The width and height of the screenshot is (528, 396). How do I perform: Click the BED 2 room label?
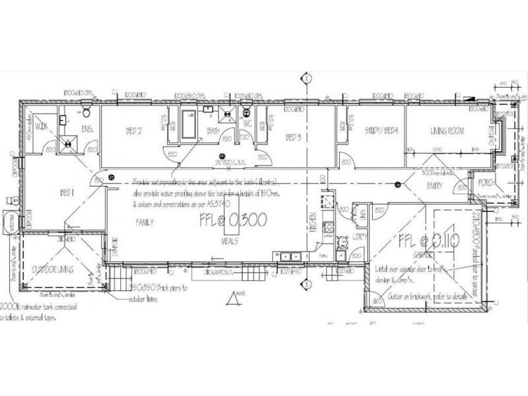click(x=135, y=131)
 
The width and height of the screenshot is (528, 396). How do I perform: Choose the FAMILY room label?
click(x=145, y=223)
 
